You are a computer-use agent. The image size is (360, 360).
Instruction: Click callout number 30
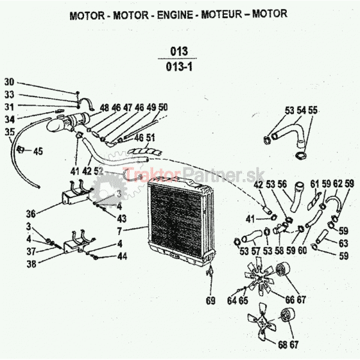pos(9,82)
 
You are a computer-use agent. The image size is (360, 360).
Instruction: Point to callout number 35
pos(9,131)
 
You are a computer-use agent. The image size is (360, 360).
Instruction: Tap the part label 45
pos(38,151)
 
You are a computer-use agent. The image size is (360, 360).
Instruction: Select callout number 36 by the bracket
pos(31,212)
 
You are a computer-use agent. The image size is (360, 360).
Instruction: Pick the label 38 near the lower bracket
pos(31,263)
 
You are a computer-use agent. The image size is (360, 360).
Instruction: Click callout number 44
pos(122,256)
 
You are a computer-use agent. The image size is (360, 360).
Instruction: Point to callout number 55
pos(314,110)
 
